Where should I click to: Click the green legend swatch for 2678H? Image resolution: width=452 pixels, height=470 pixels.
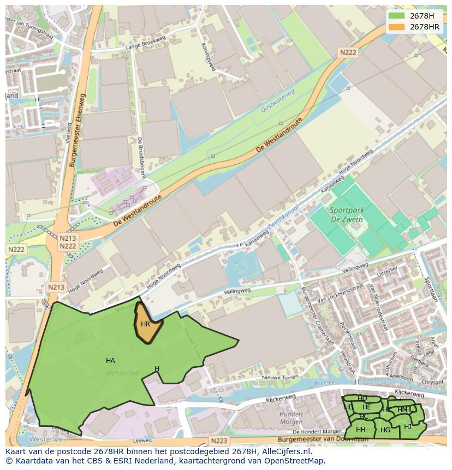(397, 16)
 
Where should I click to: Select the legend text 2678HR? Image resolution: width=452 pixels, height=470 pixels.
(425, 27)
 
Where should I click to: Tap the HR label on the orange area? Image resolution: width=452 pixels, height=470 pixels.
(145, 324)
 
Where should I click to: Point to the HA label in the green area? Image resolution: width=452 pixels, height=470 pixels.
(110, 360)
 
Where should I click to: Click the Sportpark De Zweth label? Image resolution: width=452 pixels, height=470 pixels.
(347, 214)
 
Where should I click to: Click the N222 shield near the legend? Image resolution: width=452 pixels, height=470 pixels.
(347, 52)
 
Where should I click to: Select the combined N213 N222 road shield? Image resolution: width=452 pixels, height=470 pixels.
(68, 242)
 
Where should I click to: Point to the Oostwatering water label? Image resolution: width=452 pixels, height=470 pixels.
(277, 102)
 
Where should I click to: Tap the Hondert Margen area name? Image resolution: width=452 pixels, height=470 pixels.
(291, 418)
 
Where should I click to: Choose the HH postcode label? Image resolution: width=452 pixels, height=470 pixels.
(360, 430)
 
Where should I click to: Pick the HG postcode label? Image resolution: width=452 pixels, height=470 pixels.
(385, 430)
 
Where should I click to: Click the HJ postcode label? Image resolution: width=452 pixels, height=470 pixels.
(408, 426)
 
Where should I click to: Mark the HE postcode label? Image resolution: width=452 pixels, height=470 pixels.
(367, 407)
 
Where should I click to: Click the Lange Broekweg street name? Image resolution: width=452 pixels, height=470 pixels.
(145, 47)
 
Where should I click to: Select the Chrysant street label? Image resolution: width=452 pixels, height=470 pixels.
(432, 382)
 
